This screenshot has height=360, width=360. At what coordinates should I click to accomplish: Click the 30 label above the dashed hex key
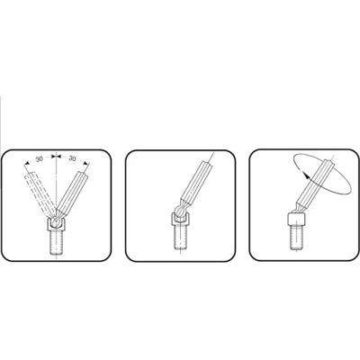[x=40, y=159]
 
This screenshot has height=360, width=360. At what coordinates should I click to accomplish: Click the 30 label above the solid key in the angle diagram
[x=72, y=158]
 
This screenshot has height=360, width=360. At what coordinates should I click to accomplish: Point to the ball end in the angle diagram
[x=56, y=221]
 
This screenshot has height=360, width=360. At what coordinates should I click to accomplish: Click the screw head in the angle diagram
[x=56, y=225]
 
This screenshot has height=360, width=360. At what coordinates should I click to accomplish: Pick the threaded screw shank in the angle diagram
[x=56, y=243]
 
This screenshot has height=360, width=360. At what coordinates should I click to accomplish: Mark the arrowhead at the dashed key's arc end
[x=27, y=163]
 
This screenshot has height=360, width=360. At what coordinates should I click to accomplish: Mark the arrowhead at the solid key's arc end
[x=86, y=164]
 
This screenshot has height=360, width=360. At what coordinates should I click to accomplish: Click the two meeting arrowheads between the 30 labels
[x=56, y=157]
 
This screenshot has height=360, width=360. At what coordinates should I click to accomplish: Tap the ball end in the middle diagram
[x=179, y=210]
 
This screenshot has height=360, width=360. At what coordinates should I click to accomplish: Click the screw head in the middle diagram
[x=180, y=219]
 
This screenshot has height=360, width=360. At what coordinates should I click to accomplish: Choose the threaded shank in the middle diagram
[x=180, y=238]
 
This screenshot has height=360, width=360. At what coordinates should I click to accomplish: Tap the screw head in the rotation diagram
[x=296, y=219]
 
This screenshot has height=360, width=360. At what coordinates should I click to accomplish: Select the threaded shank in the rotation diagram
[x=296, y=237]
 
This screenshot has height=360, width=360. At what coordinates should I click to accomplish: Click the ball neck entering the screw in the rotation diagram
[x=298, y=208]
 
